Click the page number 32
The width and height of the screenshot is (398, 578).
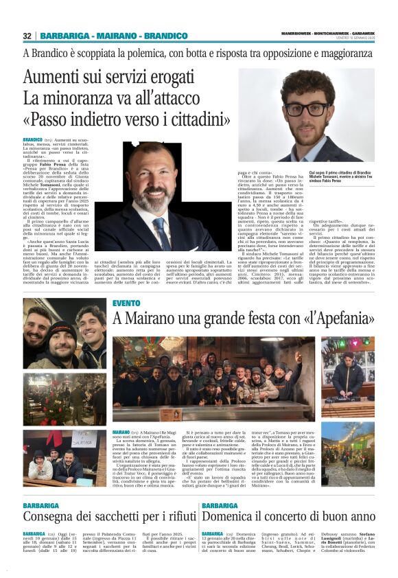[x=27, y=36]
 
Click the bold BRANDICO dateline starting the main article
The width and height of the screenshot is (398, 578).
[x=32, y=139]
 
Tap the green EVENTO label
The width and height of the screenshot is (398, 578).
[x=126, y=302]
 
